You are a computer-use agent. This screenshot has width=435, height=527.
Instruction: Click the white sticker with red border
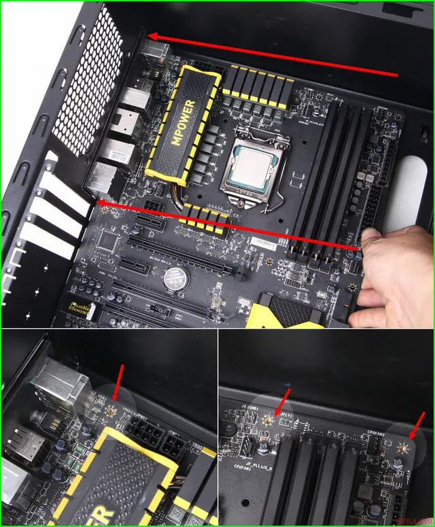tap(265, 242)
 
